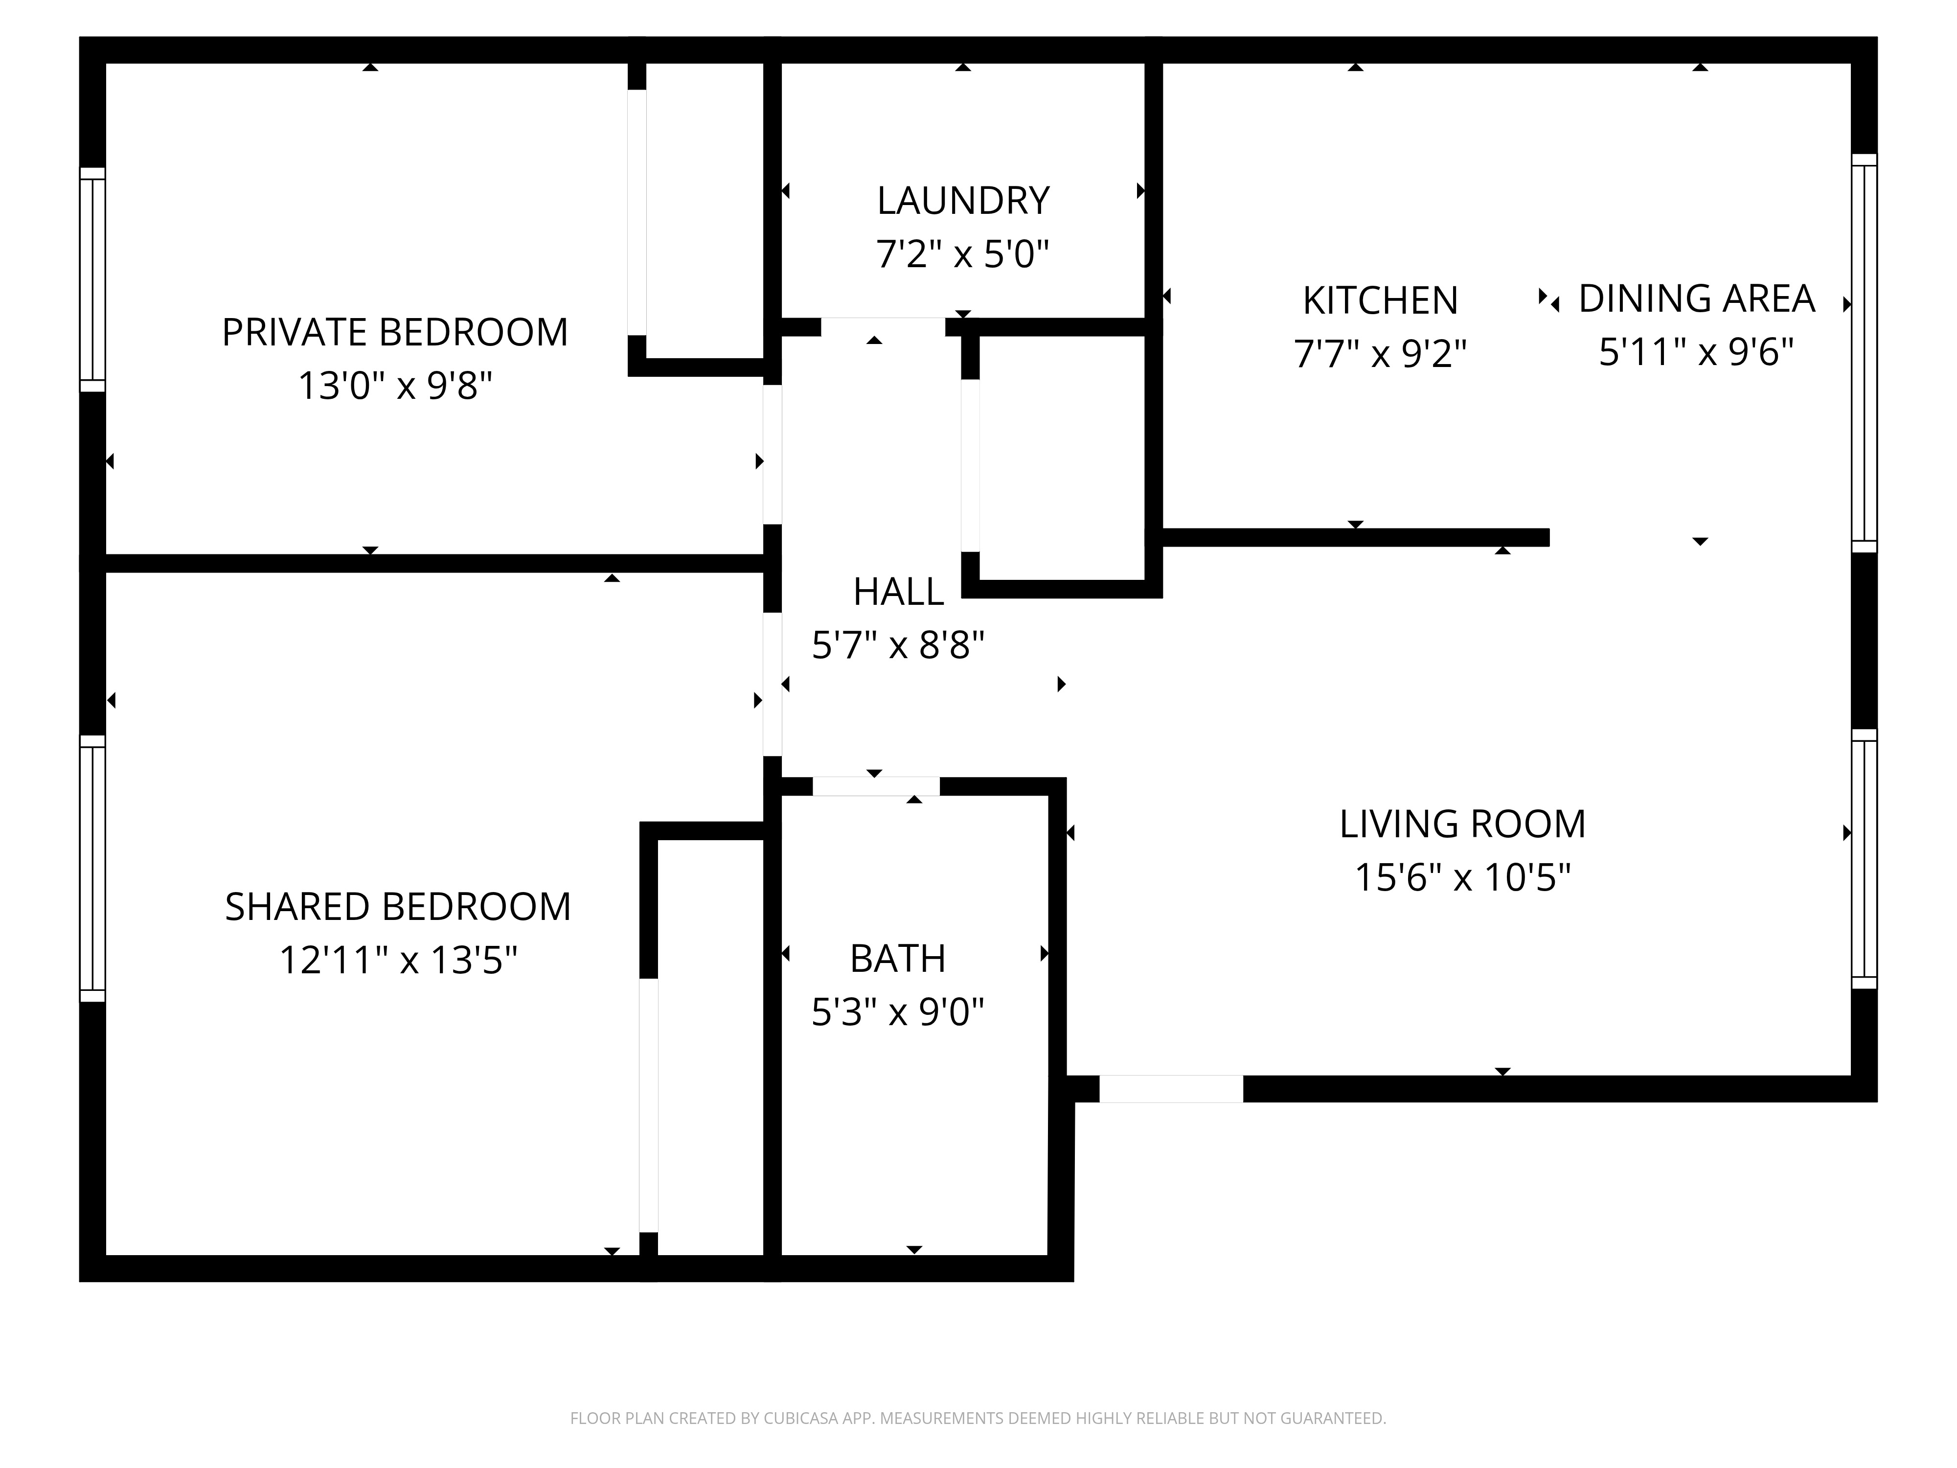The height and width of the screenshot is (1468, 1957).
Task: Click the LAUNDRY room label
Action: click(962, 201)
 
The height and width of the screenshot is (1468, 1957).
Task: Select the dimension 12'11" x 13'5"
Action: click(398, 959)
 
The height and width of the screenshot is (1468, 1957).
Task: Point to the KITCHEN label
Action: click(1380, 301)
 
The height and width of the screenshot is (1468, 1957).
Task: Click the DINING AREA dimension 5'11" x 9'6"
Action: click(1696, 351)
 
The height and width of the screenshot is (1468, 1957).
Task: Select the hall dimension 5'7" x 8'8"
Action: click(898, 645)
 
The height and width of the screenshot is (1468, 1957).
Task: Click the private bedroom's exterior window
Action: click(93, 279)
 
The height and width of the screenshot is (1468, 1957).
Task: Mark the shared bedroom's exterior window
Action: click(93, 868)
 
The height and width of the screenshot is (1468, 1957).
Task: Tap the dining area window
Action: click(1864, 353)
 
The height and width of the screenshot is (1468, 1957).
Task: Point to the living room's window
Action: click(1864, 858)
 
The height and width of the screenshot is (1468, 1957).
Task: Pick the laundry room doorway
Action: click(883, 326)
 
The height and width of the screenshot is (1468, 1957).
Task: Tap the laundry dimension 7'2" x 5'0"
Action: click(962, 254)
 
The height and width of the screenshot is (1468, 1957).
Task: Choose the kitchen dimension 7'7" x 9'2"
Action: click(1380, 354)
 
